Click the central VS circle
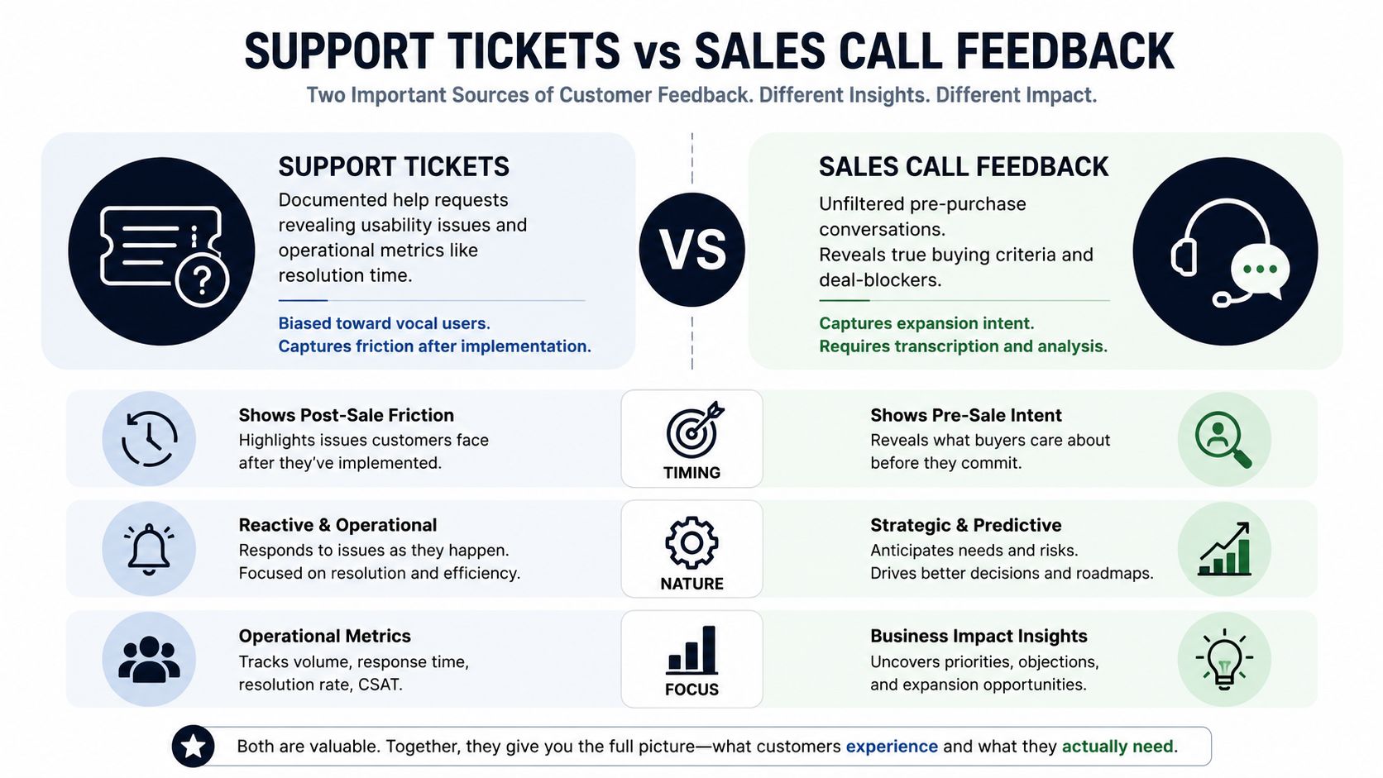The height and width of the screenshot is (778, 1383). [691, 249]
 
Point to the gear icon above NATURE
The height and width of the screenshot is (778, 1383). [691, 542]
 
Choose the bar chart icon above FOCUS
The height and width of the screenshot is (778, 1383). [691, 650]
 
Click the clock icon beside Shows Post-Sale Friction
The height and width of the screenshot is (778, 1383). [150, 439]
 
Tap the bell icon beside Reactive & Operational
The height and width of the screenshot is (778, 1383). [149, 549]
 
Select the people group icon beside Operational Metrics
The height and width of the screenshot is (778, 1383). [149, 660]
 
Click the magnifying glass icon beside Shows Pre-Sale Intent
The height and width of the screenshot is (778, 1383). [1223, 439]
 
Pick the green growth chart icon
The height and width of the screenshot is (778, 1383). [1224, 549]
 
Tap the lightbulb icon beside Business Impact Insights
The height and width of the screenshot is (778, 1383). [1224, 659]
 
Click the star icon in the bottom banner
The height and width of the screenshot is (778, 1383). [194, 746]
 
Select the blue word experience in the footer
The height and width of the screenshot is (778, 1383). [892, 747]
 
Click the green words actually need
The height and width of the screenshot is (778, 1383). [1117, 747]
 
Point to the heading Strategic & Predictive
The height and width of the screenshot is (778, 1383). [965, 525]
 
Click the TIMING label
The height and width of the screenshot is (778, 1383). [691, 473]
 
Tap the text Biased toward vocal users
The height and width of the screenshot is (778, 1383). [384, 323]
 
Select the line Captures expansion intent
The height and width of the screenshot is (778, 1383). [926, 323]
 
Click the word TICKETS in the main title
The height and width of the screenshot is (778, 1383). [534, 51]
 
